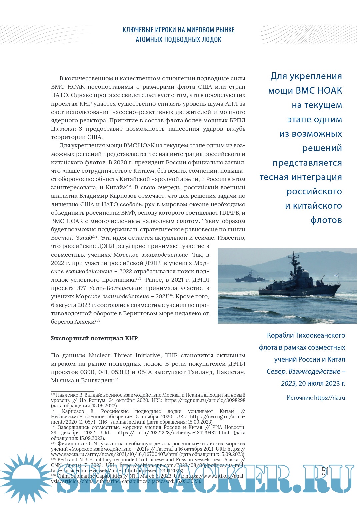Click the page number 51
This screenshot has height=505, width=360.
[325, 472]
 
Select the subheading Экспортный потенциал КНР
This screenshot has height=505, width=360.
[94, 338]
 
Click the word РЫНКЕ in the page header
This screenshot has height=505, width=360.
[224, 30]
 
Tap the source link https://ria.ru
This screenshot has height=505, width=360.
[329, 398]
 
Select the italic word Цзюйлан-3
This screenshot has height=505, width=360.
[66, 129]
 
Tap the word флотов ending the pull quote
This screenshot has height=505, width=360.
[326, 220]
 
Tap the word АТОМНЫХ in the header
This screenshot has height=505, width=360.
[150, 40]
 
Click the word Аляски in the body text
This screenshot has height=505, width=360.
[84, 322]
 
